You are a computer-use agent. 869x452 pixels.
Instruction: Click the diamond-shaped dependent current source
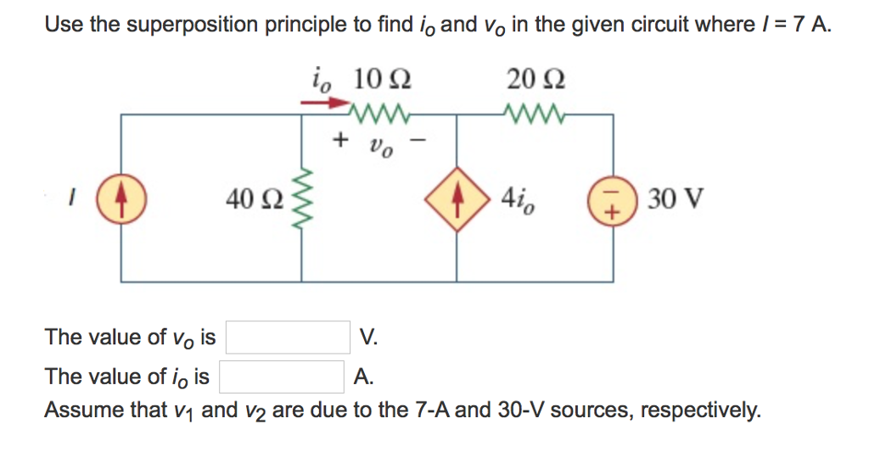click(457, 200)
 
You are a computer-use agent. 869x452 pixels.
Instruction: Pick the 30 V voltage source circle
click(613, 201)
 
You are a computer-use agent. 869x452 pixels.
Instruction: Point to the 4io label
click(517, 201)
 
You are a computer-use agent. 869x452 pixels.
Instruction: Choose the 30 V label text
click(674, 201)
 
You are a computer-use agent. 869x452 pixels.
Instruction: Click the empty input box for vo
click(288, 338)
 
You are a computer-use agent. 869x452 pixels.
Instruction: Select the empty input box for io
click(282, 374)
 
